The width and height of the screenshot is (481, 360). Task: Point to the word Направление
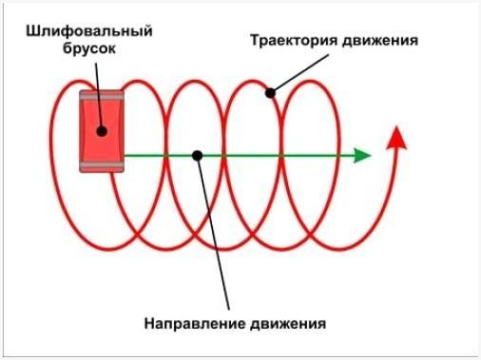point(193,323)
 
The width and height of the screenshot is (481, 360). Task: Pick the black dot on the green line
point(197,154)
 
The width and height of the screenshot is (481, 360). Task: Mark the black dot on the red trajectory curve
point(270,92)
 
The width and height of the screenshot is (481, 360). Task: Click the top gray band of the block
point(103,95)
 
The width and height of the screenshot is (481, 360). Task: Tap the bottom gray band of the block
point(103,167)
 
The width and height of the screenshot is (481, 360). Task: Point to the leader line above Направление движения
point(214,237)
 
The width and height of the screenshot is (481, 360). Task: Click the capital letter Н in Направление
point(150,323)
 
